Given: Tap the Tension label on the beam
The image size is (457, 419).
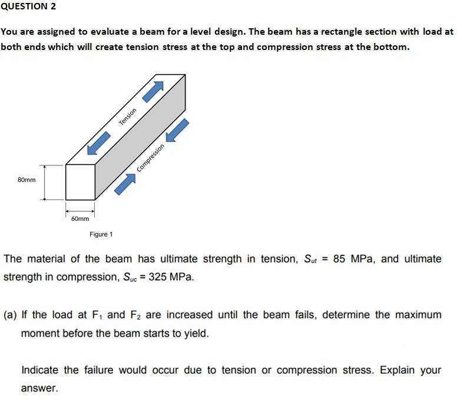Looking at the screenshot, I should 128,116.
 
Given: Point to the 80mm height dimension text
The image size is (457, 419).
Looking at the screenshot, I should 27,179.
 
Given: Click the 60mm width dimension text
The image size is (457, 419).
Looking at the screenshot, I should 80,218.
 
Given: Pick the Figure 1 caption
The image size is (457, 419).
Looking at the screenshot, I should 101,234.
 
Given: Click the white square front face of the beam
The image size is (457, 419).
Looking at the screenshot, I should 80,182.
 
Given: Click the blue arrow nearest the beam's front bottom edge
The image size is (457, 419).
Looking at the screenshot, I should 125,184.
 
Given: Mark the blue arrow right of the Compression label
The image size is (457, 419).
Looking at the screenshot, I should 178,130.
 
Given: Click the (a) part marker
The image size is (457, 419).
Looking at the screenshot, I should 10,315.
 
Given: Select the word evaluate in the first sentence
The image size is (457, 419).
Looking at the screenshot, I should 122,32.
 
